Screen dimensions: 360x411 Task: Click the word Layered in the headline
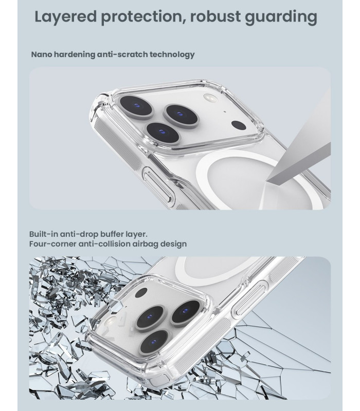(66, 17)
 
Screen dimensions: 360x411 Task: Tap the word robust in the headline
(215, 16)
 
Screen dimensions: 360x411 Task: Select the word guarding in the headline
(281, 17)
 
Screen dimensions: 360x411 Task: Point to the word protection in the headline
(143, 17)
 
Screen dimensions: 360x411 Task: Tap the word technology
(172, 55)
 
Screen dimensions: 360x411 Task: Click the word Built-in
(43, 234)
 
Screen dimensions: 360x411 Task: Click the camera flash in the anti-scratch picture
(209, 98)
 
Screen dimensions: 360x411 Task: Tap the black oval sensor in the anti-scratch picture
(239, 125)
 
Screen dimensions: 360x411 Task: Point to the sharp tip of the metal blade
(266, 181)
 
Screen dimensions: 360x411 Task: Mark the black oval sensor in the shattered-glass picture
(141, 293)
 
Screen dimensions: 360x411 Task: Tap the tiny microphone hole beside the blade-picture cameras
(225, 111)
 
